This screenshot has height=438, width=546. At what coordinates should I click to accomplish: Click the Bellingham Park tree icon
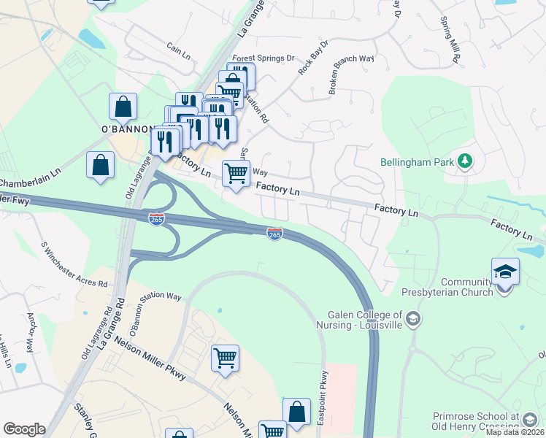464,161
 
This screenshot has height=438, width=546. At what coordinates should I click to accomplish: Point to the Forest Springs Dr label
263,58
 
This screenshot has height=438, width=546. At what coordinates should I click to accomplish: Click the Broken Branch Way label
350,75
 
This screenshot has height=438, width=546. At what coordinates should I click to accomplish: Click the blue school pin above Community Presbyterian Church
505,273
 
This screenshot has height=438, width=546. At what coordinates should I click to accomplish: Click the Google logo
24,429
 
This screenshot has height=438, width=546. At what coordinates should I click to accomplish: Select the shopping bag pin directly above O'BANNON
123,107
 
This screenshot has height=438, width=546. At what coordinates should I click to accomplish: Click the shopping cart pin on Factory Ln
236,174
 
